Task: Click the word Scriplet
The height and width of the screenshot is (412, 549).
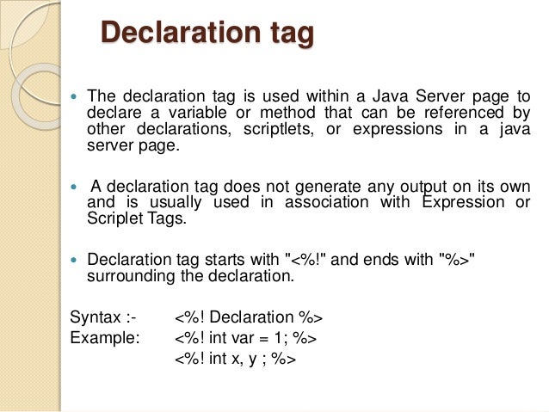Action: pyautogui.click(x=114, y=218)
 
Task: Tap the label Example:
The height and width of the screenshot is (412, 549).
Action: pyautogui.click(x=104, y=337)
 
